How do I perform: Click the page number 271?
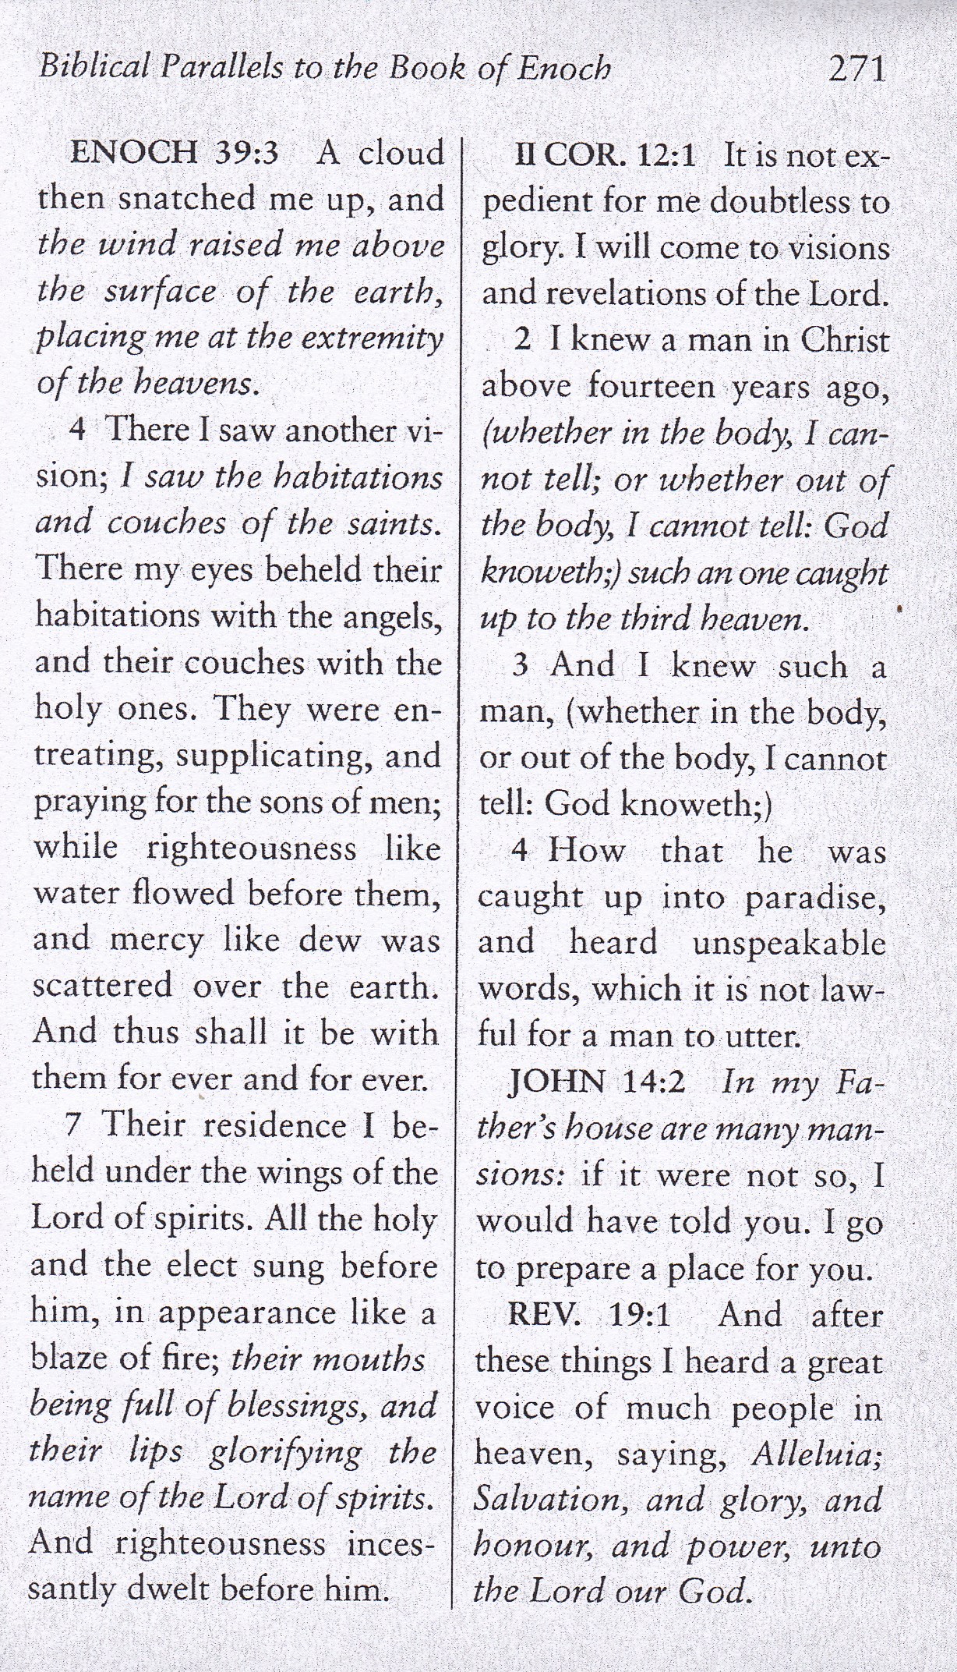click(x=856, y=69)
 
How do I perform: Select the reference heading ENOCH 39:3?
click(x=174, y=153)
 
